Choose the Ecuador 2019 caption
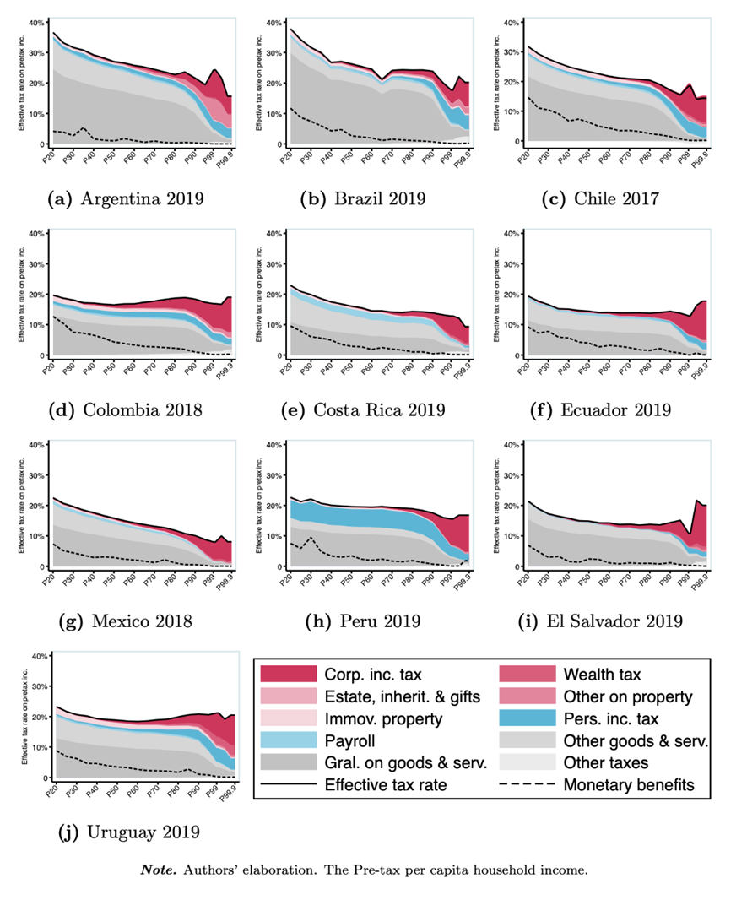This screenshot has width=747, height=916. [606, 410]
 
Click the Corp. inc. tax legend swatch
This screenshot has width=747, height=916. [289, 674]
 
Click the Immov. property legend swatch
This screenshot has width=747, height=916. [289, 719]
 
